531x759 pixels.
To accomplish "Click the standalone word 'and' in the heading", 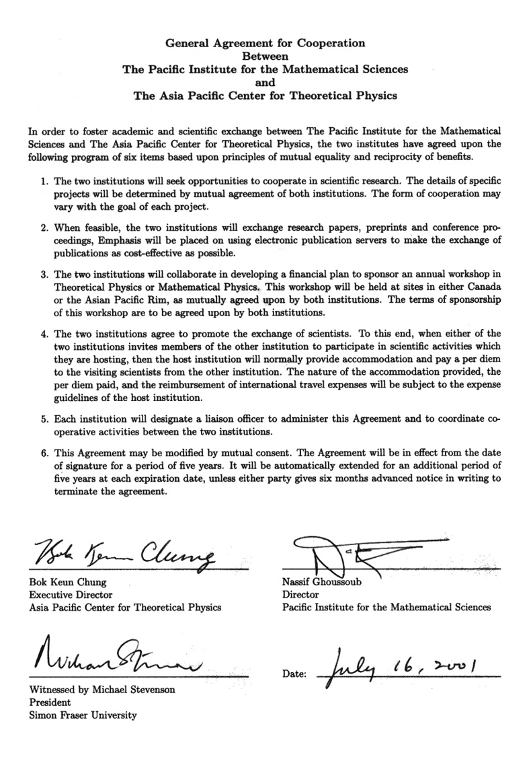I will click(265, 82).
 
